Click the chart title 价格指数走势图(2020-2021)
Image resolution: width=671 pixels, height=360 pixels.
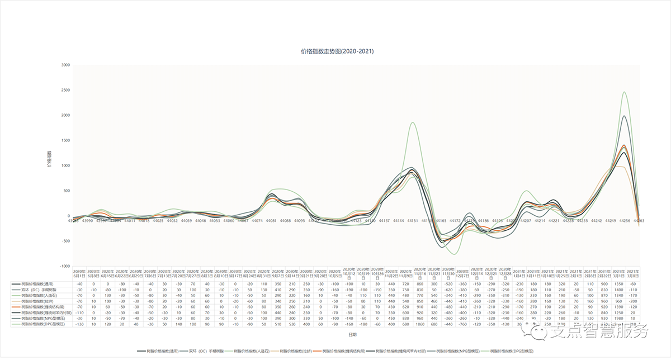coord(337,51)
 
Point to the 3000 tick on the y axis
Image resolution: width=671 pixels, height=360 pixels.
coord(65,65)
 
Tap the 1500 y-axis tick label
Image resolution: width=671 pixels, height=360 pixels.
coord(65,140)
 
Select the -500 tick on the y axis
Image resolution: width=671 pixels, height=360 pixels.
coord(65,241)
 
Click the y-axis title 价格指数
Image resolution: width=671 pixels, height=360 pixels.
coord(49,159)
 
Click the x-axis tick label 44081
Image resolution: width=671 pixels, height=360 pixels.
coord(271,221)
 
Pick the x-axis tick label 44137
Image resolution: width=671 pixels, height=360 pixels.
coord(384,221)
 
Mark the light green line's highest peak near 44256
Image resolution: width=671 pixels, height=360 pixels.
coord(624,92)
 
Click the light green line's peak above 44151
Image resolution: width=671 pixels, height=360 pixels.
coord(413,122)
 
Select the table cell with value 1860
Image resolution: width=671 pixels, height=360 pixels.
coord(419,324)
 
